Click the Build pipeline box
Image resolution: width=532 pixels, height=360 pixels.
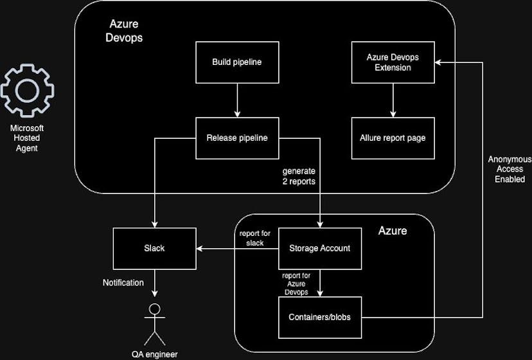click(x=237, y=62)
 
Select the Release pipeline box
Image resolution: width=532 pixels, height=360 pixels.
click(x=237, y=138)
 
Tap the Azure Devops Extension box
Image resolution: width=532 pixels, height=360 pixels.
click(x=393, y=62)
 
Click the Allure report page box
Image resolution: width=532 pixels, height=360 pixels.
click(x=393, y=138)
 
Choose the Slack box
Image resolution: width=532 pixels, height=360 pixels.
click(x=154, y=248)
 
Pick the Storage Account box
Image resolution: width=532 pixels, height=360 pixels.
click(x=320, y=248)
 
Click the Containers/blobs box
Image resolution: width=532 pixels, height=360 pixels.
click(x=320, y=317)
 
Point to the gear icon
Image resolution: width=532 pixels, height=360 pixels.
click(x=27, y=90)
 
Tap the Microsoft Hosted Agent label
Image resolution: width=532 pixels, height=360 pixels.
click(x=27, y=138)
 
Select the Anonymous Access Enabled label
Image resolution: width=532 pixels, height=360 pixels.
click(x=510, y=169)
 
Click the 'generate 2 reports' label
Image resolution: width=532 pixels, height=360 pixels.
click(x=298, y=177)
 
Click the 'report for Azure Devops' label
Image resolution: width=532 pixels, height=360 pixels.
click(x=296, y=283)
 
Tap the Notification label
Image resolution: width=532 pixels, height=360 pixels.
click(x=123, y=282)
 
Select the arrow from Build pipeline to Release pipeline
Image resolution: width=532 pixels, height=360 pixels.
click(x=237, y=100)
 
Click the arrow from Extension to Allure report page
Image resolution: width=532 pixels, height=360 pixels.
click(x=393, y=100)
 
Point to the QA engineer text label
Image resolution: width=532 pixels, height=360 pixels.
click(x=154, y=354)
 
